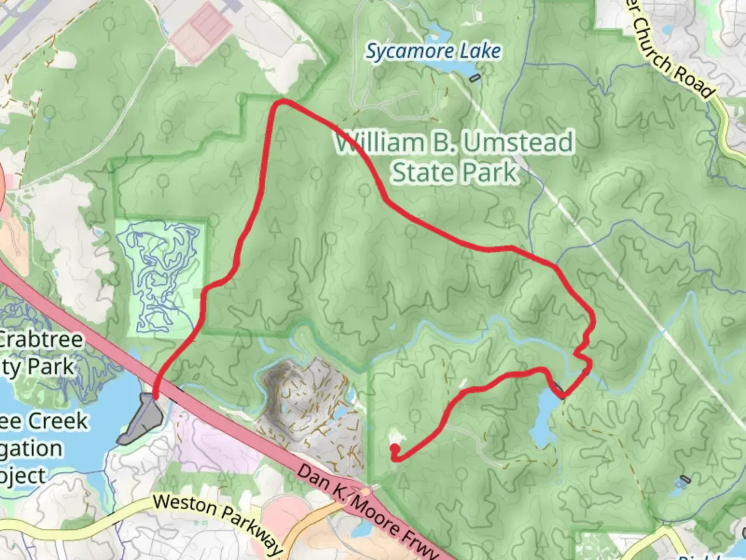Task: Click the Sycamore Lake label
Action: click(x=434, y=51)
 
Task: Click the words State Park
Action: click(x=454, y=172)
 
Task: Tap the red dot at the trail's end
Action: click(x=394, y=448)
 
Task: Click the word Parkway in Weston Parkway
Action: click(x=251, y=531)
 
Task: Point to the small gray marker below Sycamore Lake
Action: click(x=474, y=78)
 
